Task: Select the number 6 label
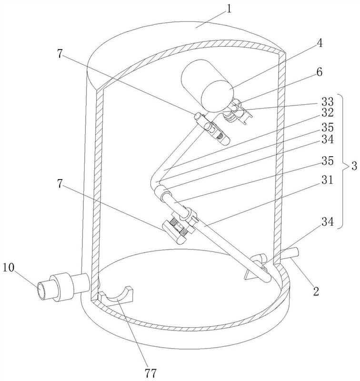click(x=320, y=72)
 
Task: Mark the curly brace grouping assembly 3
click(x=342, y=162)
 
